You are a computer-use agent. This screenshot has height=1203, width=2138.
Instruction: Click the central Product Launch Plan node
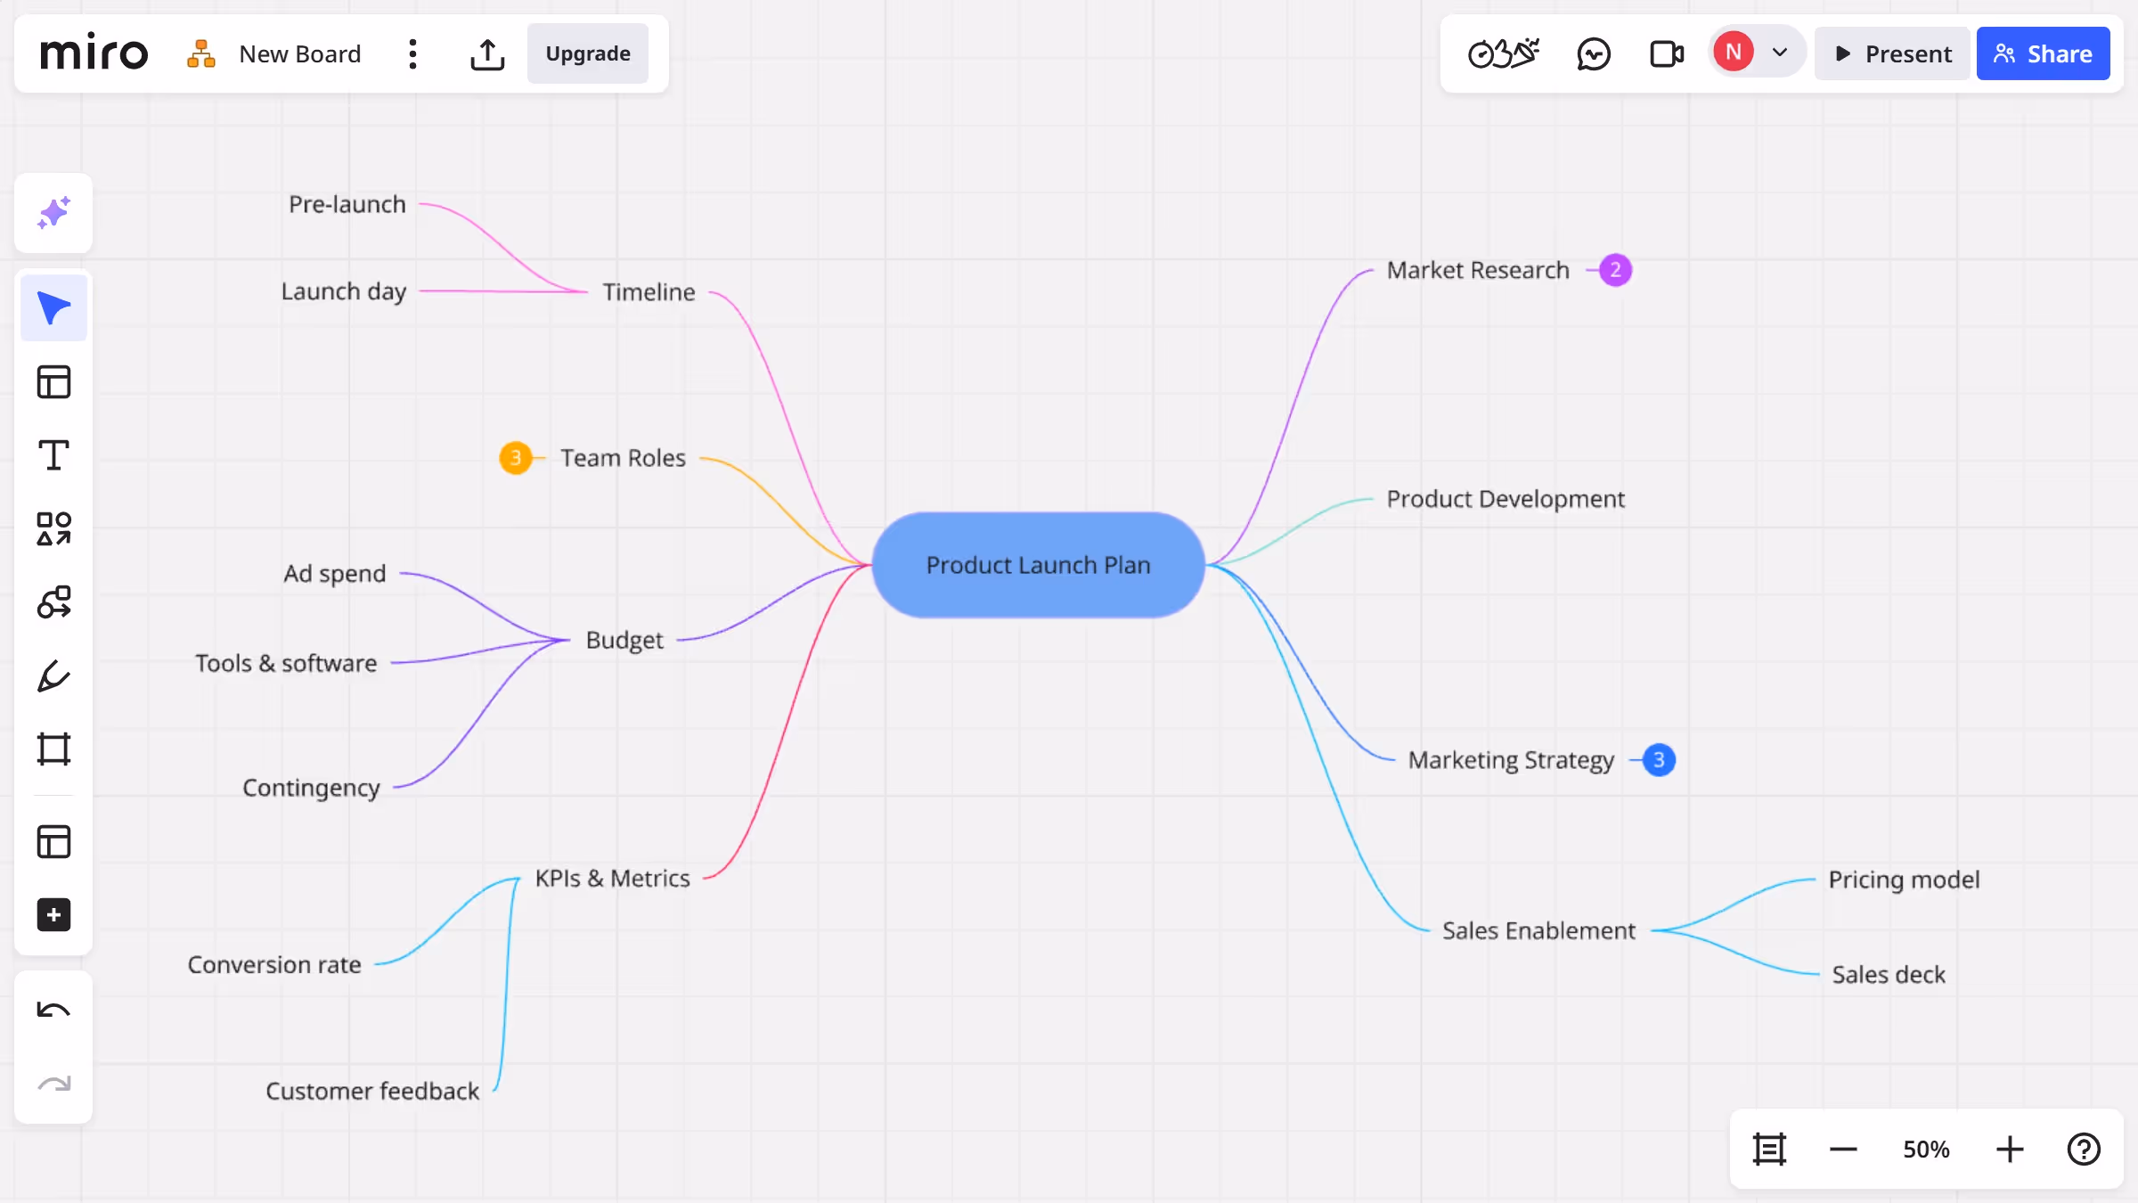click(x=1038, y=565)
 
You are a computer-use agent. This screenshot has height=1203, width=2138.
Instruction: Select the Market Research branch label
click(x=1477, y=270)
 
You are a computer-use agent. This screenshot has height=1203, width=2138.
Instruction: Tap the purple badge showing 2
click(x=1615, y=270)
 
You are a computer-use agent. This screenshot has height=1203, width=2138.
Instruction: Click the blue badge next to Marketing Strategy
click(x=1658, y=760)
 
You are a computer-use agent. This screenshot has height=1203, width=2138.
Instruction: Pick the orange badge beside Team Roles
click(x=515, y=458)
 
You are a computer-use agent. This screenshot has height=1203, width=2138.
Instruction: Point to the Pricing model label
click(x=1904, y=880)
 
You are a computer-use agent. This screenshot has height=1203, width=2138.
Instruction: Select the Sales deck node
click(x=1889, y=974)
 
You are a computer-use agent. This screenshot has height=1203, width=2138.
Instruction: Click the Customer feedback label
click(x=372, y=1091)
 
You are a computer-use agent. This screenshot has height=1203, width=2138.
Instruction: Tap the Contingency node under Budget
click(x=311, y=788)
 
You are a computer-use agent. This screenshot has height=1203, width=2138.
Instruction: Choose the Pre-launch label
click(x=347, y=204)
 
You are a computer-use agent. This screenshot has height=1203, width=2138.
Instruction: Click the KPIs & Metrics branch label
click(x=612, y=879)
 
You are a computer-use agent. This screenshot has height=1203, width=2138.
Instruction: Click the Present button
click(x=1892, y=53)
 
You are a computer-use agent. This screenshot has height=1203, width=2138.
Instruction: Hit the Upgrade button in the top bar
click(x=588, y=53)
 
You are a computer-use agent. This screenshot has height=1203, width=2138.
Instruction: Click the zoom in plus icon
click(x=2009, y=1150)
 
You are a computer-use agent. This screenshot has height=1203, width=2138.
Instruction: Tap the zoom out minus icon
click(x=1843, y=1150)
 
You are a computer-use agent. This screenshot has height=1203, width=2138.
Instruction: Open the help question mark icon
click(x=2084, y=1150)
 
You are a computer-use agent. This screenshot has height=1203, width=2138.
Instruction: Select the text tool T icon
click(x=53, y=455)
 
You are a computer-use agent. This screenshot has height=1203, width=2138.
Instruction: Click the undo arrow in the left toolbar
click(x=53, y=1010)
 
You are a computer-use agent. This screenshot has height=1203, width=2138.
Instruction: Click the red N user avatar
click(x=1733, y=52)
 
